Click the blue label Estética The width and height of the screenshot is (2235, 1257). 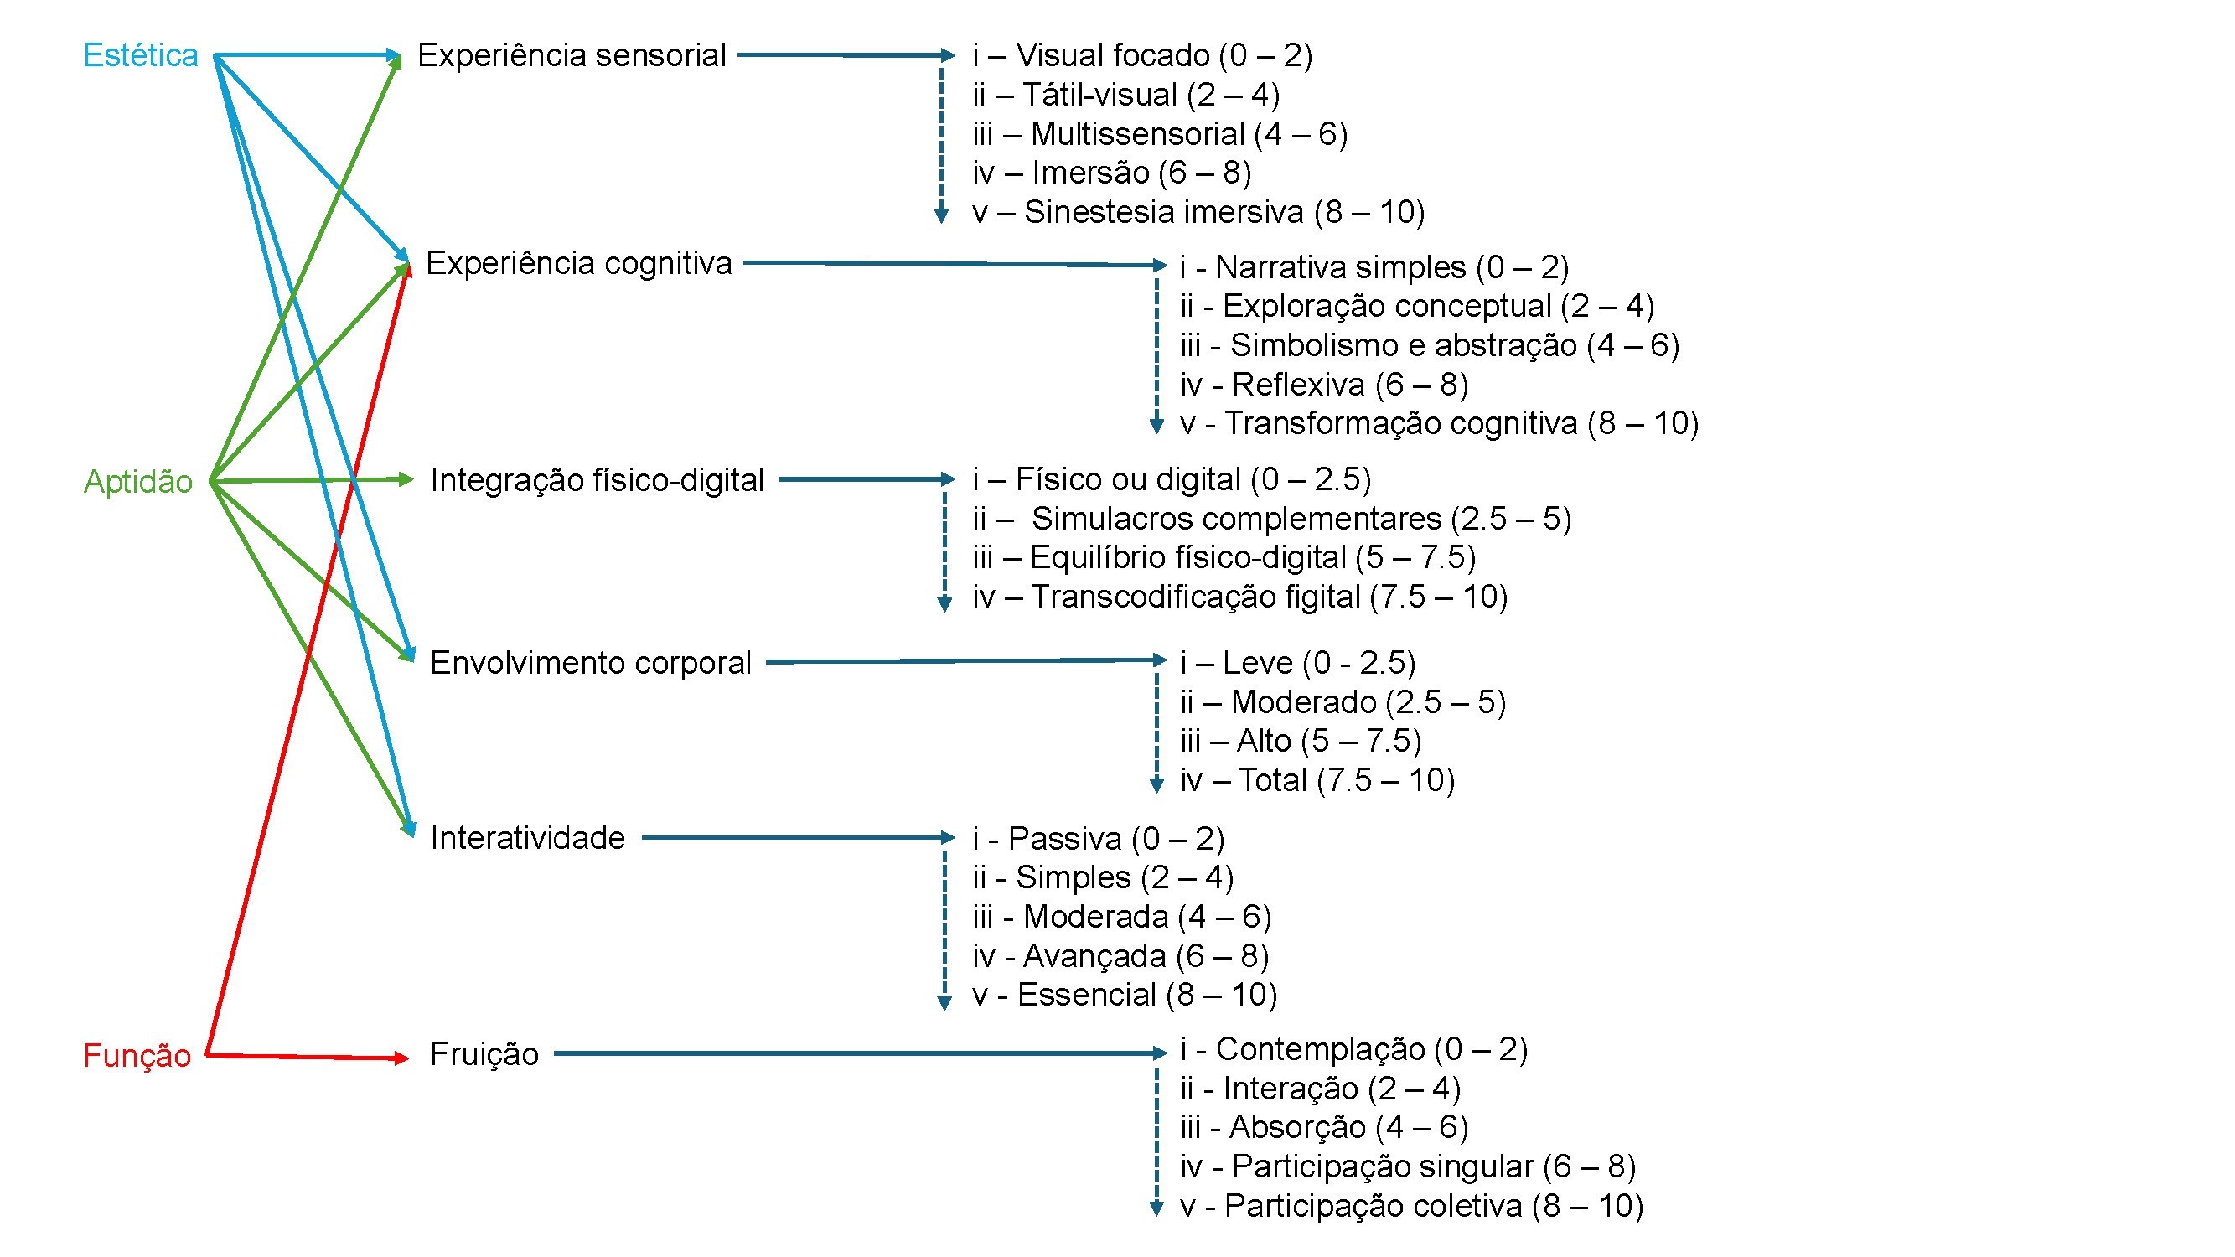pyautogui.click(x=141, y=55)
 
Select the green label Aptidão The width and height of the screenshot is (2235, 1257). pyautogui.click(x=138, y=482)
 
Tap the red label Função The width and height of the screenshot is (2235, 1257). pyautogui.click(x=137, y=1056)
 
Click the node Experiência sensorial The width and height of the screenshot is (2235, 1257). pyautogui.click(x=571, y=55)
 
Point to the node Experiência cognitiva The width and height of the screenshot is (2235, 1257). pyautogui.click(x=579, y=263)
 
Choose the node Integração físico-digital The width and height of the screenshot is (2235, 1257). pyautogui.click(x=597, y=479)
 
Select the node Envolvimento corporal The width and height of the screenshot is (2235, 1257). pyautogui.click(x=590, y=663)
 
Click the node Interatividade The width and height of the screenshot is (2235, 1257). pyautogui.click(x=527, y=838)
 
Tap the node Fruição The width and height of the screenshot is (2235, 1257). pyautogui.click(x=484, y=1054)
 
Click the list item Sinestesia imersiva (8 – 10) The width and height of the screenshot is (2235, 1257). pyautogui.click(x=1198, y=212)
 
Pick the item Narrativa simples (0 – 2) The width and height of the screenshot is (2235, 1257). pyautogui.click(x=1374, y=267)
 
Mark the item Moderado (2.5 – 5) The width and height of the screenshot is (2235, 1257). pyautogui.click(x=1343, y=701)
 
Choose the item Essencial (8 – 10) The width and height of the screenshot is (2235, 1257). pyautogui.click(x=1125, y=995)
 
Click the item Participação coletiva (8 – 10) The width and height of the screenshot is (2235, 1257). pyautogui.click(x=1411, y=1206)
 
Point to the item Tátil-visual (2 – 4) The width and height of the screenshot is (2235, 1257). pyautogui.click(x=1126, y=95)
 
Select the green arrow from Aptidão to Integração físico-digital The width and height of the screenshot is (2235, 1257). pyautogui.click(x=313, y=479)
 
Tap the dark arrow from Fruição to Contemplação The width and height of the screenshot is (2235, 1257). pyautogui.click(x=859, y=1053)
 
